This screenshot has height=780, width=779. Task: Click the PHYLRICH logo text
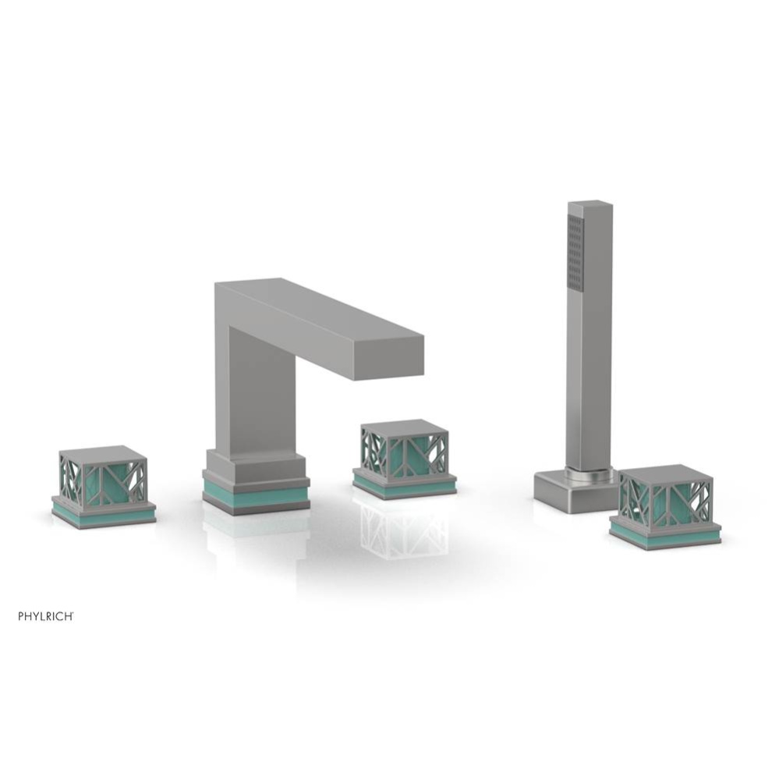pos(46,616)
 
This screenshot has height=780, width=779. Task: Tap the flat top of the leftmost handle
pos(103,452)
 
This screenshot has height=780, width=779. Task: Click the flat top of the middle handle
pos(405,426)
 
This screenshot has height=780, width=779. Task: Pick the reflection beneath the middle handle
pos(404,530)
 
